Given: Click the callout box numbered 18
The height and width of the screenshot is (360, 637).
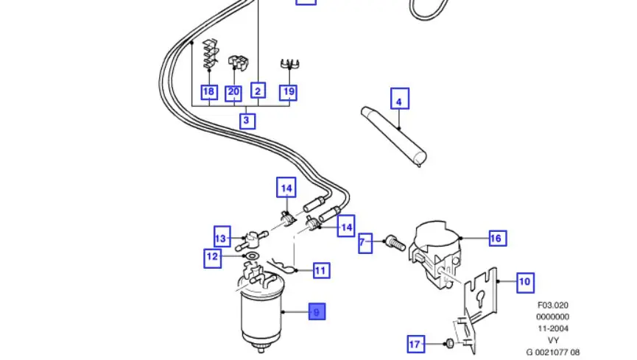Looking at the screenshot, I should (209, 93).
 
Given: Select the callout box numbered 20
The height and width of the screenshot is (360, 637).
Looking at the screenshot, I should (233, 93).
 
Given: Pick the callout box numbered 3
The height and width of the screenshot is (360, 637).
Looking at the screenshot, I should (247, 120).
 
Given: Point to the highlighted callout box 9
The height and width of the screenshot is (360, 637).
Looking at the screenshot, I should (316, 312).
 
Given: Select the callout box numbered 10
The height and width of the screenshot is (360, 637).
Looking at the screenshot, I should (524, 281).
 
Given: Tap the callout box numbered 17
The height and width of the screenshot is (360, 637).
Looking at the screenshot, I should (415, 344).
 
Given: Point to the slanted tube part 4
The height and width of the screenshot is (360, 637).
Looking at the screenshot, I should (398, 136).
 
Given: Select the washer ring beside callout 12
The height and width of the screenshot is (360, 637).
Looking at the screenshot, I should (250, 257).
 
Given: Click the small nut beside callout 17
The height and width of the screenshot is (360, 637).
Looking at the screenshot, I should (448, 343).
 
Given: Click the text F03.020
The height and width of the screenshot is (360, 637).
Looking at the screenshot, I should (552, 305).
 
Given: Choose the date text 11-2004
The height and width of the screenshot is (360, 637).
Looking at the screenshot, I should (552, 328).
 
